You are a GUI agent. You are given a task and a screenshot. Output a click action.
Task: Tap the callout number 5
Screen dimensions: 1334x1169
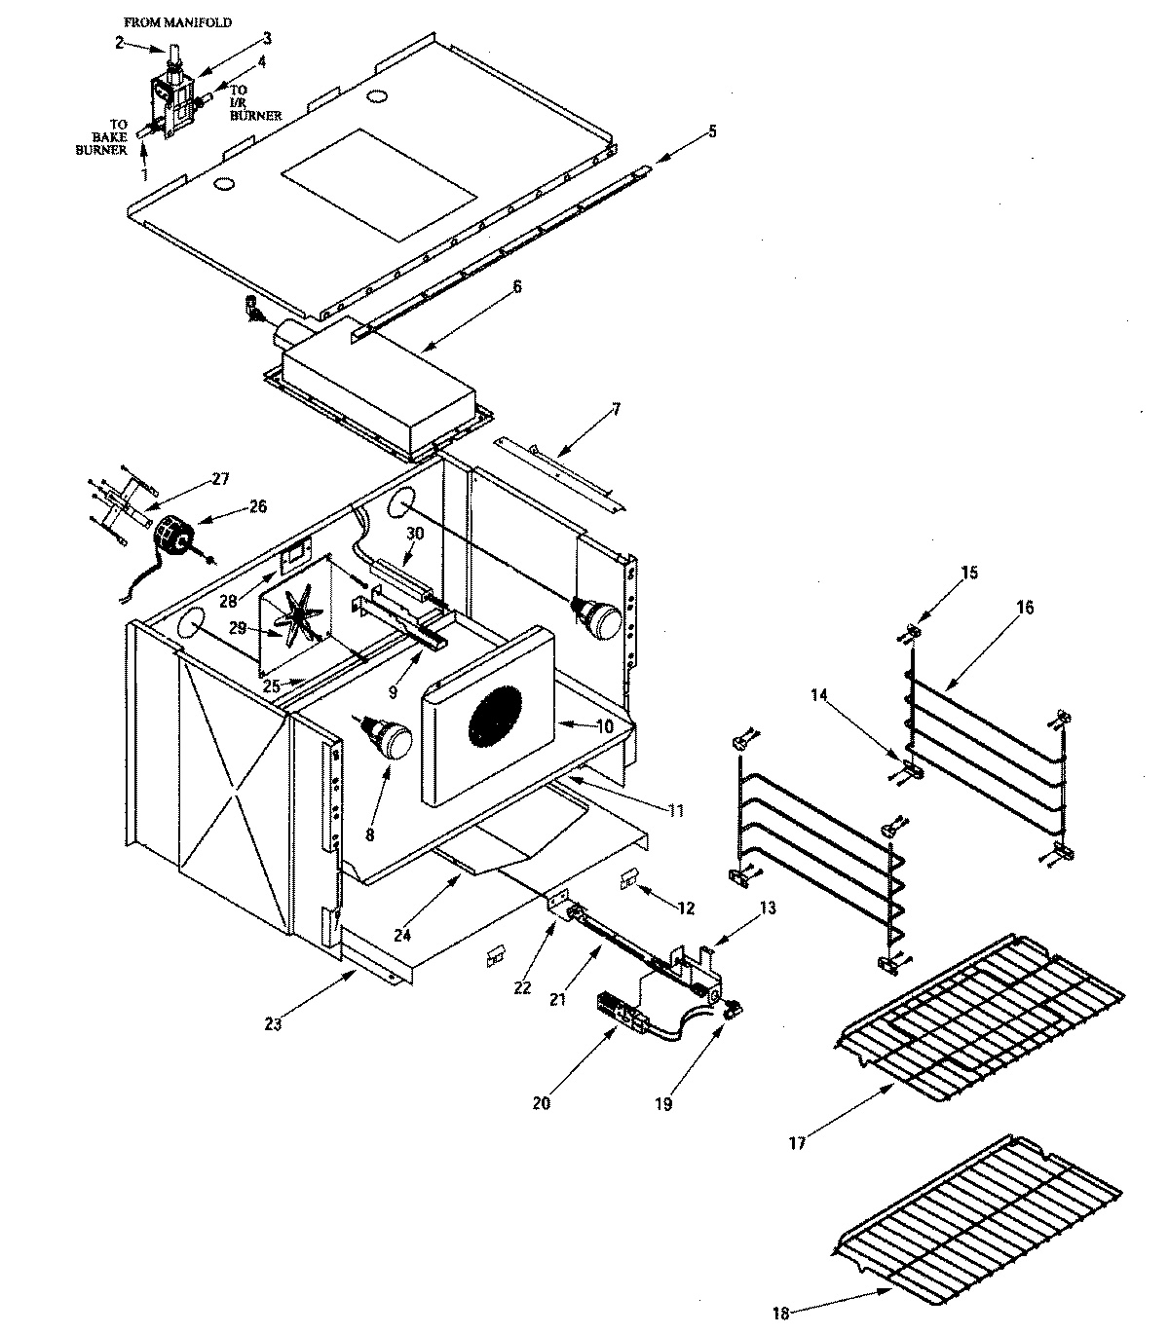(712, 130)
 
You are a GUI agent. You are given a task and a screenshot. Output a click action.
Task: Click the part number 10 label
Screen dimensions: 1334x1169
(604, 725)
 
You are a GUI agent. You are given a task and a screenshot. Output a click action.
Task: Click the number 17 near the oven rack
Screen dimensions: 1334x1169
(797, 1143)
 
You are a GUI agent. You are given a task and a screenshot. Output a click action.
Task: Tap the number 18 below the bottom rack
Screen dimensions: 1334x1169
(780, 1314)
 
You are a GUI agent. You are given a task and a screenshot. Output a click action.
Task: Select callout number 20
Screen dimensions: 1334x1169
(541, 1102)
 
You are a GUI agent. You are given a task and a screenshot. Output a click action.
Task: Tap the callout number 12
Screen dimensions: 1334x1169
(685, 908)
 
